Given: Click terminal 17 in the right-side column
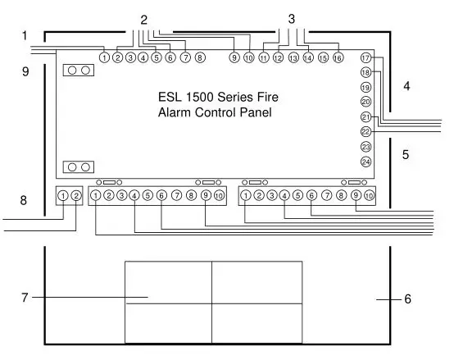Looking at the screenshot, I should click(x=365, y=58).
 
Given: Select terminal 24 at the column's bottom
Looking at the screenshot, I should click(x=365, y=162).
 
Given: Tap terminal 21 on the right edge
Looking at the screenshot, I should click(x=365, y=117).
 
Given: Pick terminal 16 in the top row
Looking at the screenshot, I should click(x=337, y=58).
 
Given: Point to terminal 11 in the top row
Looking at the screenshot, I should click(x=264, y=58).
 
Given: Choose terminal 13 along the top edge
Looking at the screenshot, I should click(x=293, y=58).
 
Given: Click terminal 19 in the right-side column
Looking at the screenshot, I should click(x=365, y=88).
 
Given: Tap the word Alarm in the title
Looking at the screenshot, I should click(x=174, y=112).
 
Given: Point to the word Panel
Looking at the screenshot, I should click(x=254, y=112).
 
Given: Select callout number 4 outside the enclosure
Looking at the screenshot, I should click(x=406, y=85).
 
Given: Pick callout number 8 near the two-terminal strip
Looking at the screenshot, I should click(x=24, y=199).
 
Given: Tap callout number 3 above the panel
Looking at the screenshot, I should click(x=292, y=18).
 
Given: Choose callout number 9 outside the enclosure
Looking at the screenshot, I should click(x=25, y=72).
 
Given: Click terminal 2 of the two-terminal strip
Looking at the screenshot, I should click(x=75, y=195).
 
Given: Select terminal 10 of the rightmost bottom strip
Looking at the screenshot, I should click(x=370, y=195).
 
